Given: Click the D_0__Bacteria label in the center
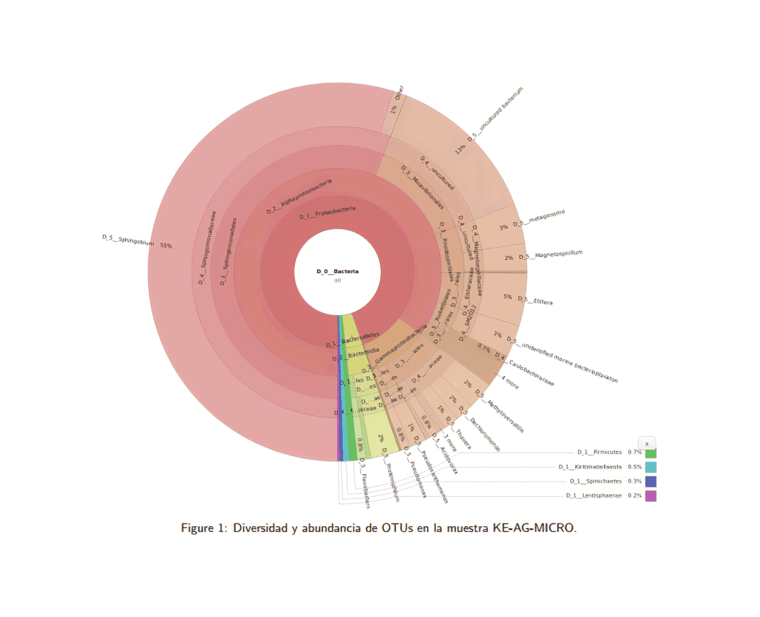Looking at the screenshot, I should [x=337, y=271].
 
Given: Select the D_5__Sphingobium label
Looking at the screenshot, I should [x=128, y=240].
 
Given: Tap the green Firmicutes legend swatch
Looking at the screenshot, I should [x=651, y=453].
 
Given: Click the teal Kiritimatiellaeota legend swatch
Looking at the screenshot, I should [x=651, y=467].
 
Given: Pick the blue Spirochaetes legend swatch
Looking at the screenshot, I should [x=651, y=481].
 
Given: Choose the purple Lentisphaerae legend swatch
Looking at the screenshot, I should [x=651, y=496].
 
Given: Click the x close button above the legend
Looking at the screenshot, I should [x=647, y=443].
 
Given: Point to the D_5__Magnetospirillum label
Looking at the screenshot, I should [x=550, y=255].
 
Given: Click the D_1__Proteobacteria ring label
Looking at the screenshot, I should [x=327, y=212].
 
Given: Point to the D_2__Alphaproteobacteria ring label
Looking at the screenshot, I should [x=299, y=196].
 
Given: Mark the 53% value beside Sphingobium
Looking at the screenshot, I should [x=166, y=245].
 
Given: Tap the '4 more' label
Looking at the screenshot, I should [x=509, y=382].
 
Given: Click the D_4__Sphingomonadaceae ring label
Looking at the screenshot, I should [x=207, y=247].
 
